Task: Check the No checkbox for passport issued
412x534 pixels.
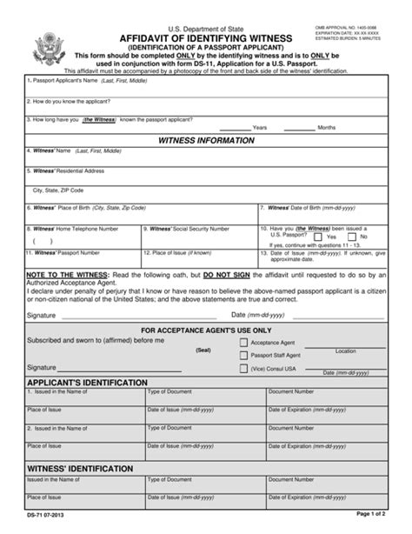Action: tap(354, 237)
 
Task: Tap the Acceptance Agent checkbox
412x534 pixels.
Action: tap(243, 343)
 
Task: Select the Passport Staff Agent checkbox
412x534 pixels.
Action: tap(243, 356)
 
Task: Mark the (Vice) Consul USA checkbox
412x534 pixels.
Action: tap(243, 368)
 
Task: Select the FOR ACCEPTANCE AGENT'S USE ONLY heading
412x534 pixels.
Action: tap(206, 330)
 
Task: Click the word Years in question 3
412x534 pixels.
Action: tap(259, 127)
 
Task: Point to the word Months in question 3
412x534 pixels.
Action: tap(326, 127)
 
